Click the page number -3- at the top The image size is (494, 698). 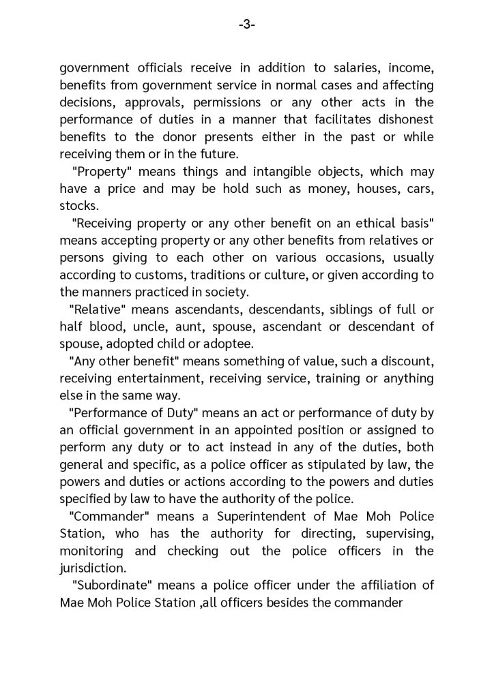coord(247,25)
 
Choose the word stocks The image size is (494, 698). coord(78,205)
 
